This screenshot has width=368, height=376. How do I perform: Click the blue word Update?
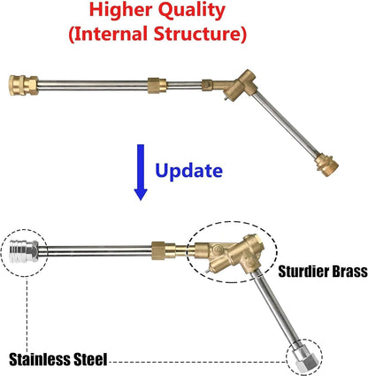[188, 171]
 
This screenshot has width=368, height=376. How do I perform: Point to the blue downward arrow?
[141, 173]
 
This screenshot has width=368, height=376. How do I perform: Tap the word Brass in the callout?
[350, 272]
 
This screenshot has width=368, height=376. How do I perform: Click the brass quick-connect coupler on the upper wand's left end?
[24, 85]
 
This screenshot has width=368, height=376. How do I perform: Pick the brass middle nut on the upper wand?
[157, 86]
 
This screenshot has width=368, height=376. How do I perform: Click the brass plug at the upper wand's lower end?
[326, 165]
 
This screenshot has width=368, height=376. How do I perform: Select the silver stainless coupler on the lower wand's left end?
[24, 251]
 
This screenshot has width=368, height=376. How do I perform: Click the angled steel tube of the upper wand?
[286, 123]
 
